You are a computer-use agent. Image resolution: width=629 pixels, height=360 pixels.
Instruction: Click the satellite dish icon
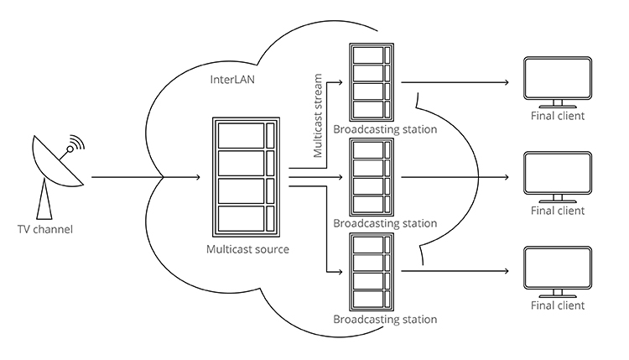click(x=56, y=169)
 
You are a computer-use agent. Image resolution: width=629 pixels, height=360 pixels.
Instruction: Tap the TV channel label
click(x=45, y=230)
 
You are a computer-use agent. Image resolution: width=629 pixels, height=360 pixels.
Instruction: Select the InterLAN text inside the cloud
click(x=232, y=80)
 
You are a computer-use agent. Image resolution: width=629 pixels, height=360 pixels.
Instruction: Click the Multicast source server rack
click(x=246, y=177)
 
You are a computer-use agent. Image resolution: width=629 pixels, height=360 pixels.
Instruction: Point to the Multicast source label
click(x=247, y=249)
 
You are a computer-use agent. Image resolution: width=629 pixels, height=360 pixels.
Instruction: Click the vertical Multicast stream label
click(x=318, y=116)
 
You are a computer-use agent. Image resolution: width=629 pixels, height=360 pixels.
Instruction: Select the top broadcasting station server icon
click(x=372, y=82)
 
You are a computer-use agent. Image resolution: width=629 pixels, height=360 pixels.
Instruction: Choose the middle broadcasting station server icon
click(x=372, y=177)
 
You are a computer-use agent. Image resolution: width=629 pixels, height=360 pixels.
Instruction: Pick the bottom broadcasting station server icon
click(x=372, y=272)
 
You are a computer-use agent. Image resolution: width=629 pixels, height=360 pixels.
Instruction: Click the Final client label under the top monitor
click(x=558, y=116)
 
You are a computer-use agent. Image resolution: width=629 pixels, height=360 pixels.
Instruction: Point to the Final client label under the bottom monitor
click(x=558, y=305)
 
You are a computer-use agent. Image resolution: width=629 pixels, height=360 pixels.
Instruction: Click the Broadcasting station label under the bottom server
click(x=385, y=320)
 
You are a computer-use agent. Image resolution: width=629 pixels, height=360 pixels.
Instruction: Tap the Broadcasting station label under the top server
click(x=385, y=129)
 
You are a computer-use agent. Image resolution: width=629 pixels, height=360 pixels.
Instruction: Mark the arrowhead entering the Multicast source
click(x=198, y=177)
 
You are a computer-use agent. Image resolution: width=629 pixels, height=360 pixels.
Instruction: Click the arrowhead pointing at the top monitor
click(x=507, y=82)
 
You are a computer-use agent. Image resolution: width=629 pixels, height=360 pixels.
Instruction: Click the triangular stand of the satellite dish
click(x=44, y=200)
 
